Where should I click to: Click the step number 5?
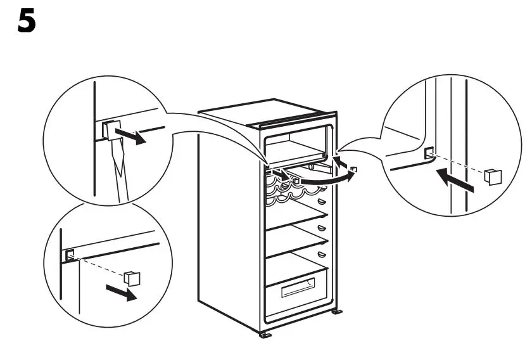pos(26,22)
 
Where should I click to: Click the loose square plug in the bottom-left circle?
pos(132,277)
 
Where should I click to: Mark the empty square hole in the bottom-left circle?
pos(70,255)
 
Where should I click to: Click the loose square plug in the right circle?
pos(492,176)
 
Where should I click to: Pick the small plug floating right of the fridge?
pos(355,169)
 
